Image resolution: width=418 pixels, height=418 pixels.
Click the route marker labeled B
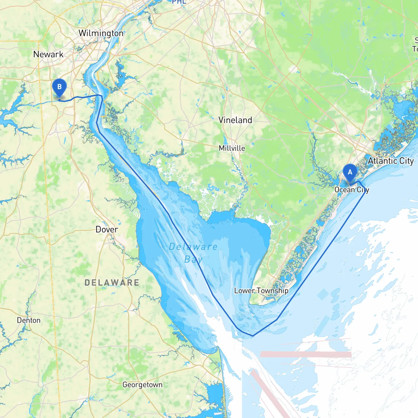[x=59, y=87]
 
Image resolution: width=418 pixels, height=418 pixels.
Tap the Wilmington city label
[x=101, y=33]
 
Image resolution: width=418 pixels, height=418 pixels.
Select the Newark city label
[x=48, y=54]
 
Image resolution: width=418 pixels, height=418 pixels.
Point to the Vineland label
[x=235, y=120]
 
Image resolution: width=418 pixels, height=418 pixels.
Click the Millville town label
[x=232, y=148]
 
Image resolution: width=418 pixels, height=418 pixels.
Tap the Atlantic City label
[x=391, y=161]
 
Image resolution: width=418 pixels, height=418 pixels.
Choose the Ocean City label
[x=352, y=190]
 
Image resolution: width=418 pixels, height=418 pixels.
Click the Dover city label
[x=107, y=230]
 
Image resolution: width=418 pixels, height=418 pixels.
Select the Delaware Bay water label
[x=193, y=253]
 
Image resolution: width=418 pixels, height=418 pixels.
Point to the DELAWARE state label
[x=112, y=282]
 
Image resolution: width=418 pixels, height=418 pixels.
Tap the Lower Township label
[x=261, y=291]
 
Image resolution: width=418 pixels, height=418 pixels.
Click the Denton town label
[x=29, y=320]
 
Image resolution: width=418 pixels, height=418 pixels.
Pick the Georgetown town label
[x=142, y=385]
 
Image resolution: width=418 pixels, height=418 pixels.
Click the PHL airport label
[x=179, y=2]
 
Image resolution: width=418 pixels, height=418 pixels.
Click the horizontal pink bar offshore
[x=306, y=354]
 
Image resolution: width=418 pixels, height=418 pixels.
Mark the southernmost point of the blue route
[x=252, y=336]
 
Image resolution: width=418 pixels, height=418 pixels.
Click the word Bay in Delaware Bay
[x=193, y=260]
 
